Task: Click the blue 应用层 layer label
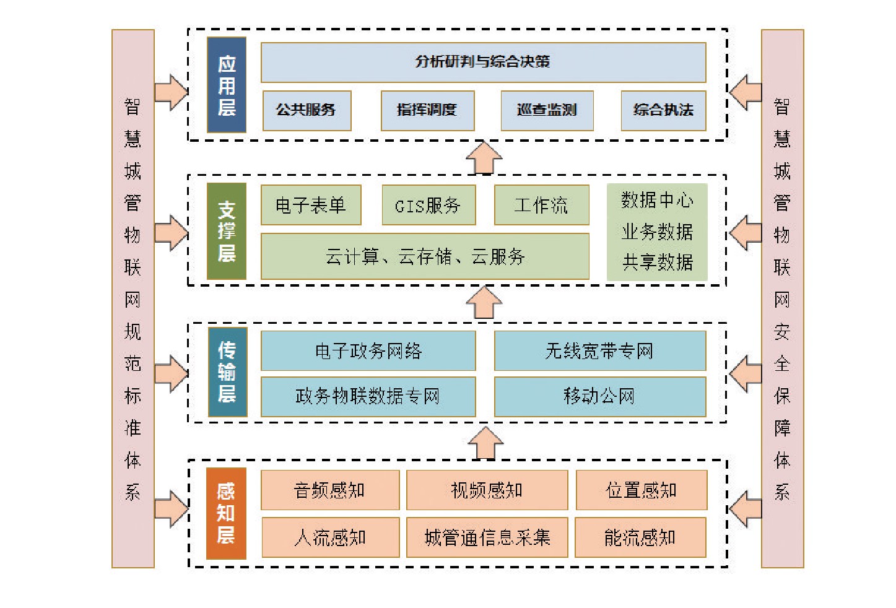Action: [x=227, y=85]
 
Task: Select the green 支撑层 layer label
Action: [x=227, y=231]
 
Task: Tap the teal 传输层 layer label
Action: [x=227, y=371]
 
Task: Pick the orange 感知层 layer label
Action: [x=226, y=513]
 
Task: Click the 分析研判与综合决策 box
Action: [x=483, y=62]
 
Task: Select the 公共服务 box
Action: [x=307, y=111]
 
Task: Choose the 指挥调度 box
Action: [x=427, y=111]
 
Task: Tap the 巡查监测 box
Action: [x=547, y=111]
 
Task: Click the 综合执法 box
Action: [x=663, y=111]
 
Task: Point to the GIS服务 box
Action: [x=428, y=205]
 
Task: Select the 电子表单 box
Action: [x=311, y=205]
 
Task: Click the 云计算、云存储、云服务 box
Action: [x=425, y=256]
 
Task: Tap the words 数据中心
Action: [x=657, y=201]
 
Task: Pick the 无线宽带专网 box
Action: [x=599, y=351]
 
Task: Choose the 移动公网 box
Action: [x=599, y=396]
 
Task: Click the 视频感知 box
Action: [x=487, y=490]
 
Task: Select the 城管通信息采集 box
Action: [x=487, y=537]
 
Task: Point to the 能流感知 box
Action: [x=640, y=537]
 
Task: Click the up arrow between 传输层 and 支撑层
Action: [x=484, y=303]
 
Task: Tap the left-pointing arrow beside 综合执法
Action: [x=745, y=93]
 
